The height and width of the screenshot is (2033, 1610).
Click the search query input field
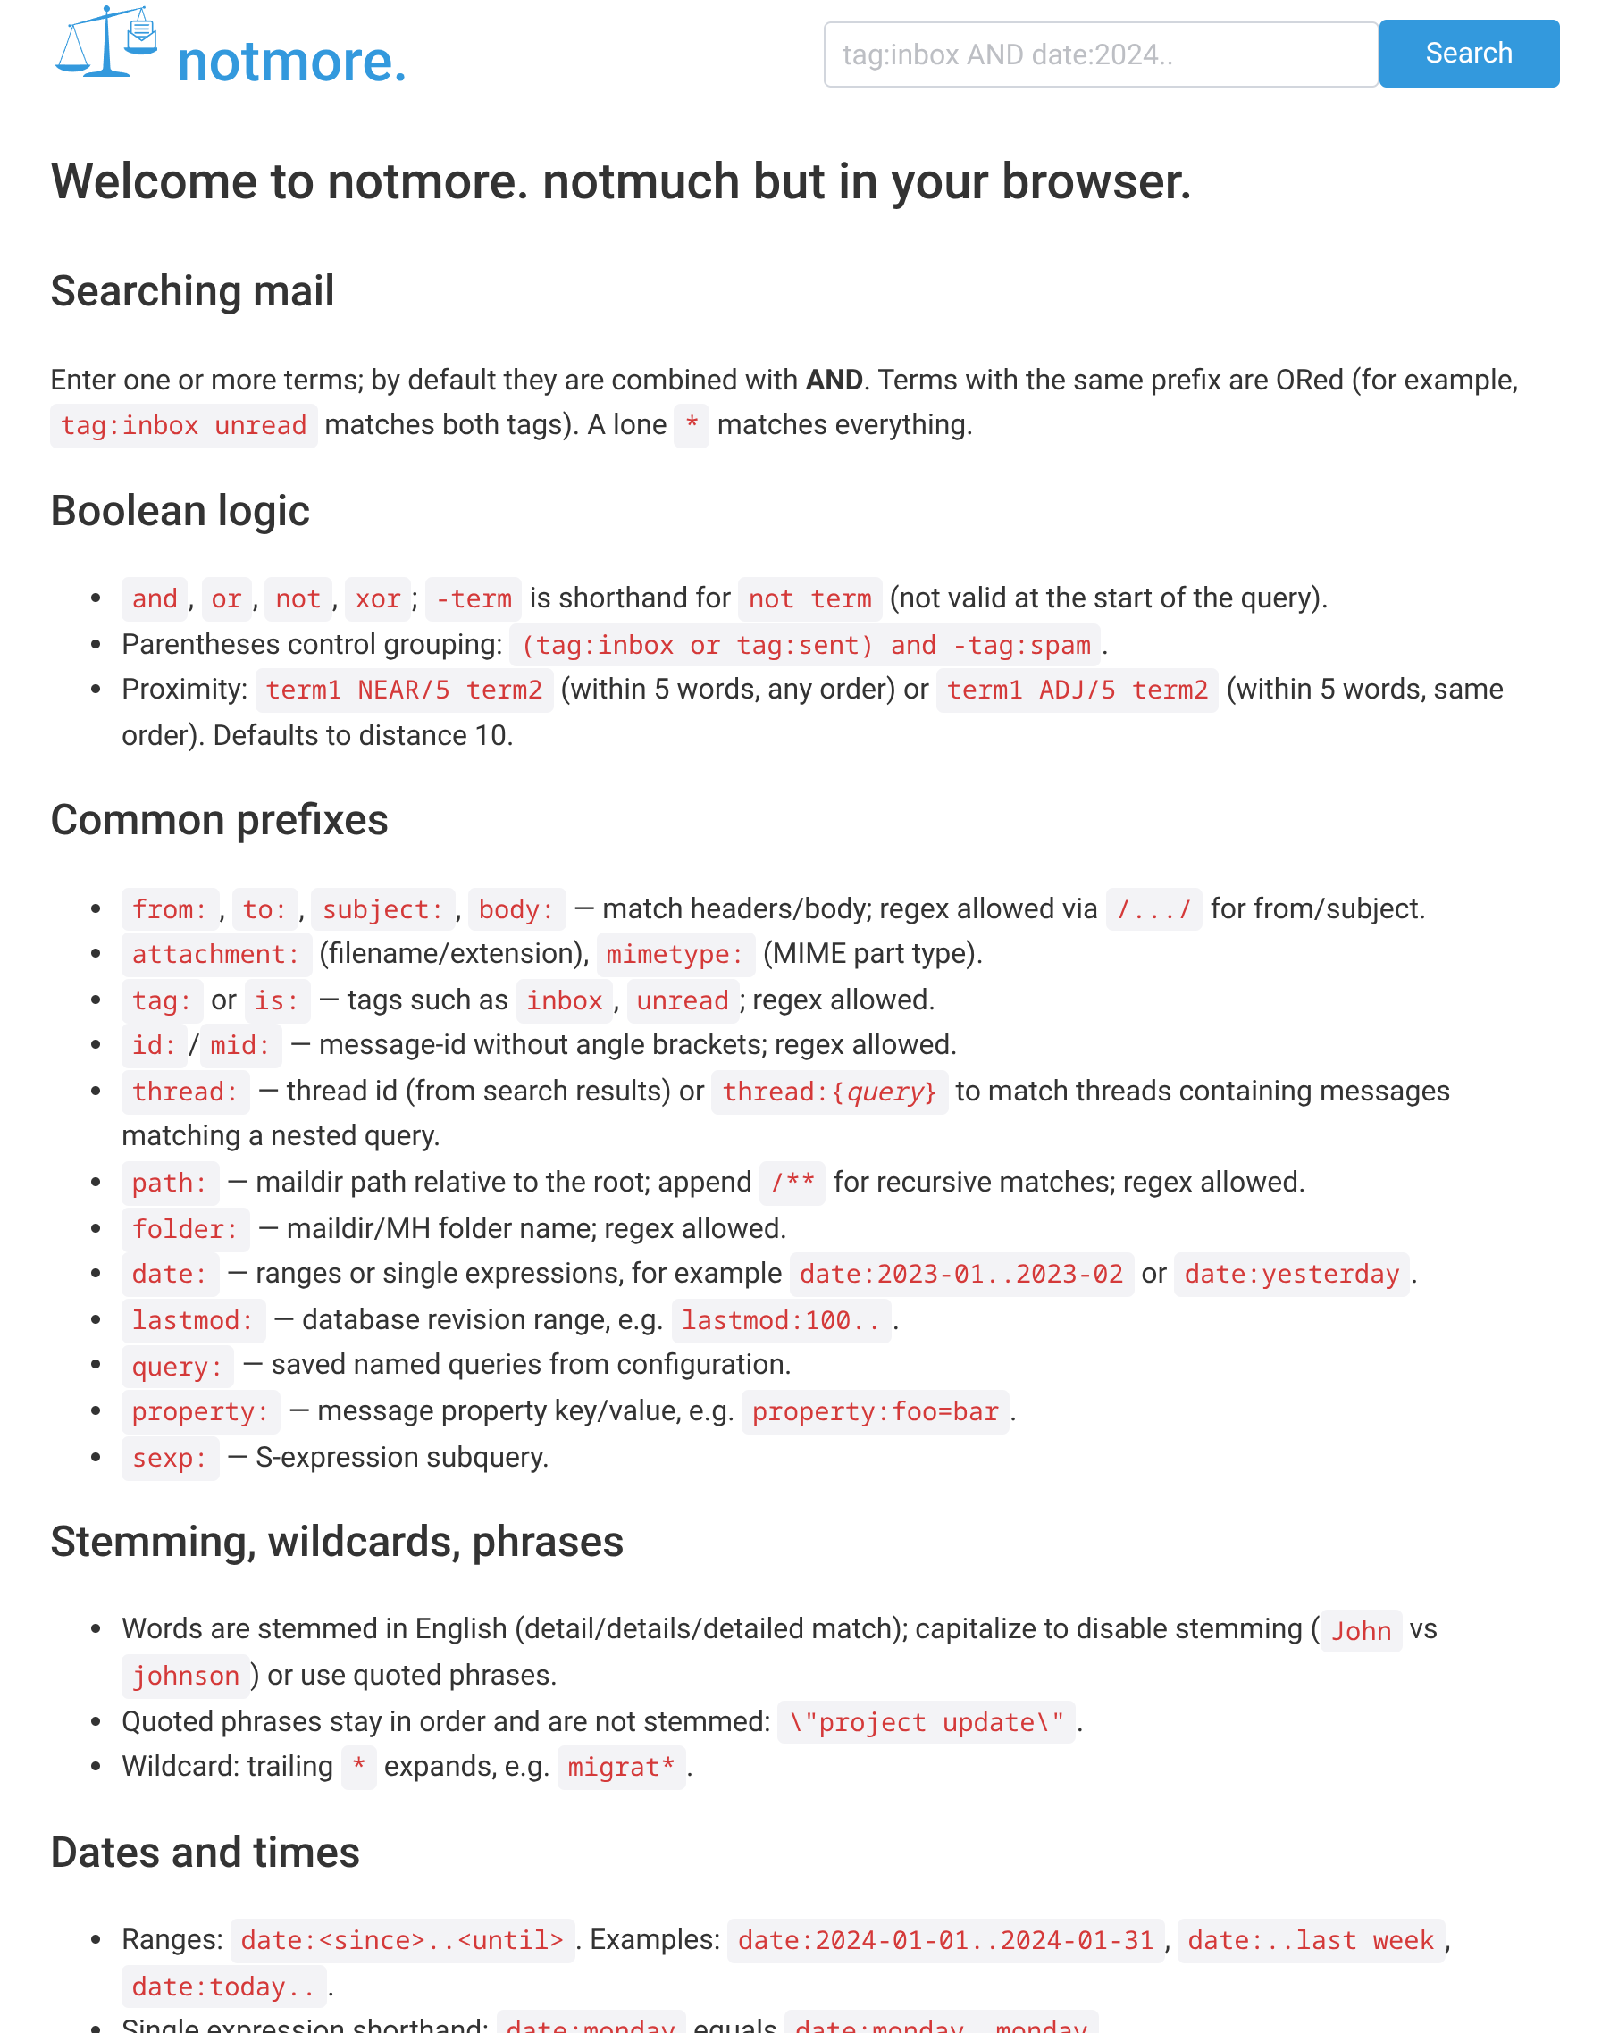1100,54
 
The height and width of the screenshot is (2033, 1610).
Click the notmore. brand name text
291,62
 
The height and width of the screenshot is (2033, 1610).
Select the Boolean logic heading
180,511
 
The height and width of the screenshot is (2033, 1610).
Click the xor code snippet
377,598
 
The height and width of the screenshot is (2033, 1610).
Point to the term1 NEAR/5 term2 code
404,690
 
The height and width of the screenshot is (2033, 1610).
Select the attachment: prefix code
216,954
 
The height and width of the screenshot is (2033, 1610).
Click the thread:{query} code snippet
828,1092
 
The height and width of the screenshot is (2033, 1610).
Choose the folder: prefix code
185,1229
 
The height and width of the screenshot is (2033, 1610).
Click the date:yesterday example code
1290,1275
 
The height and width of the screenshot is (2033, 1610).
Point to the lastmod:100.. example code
781,1320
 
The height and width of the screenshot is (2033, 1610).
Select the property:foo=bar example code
874,1412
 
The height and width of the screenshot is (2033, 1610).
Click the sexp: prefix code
170,1458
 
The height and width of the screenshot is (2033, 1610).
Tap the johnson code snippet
186,1676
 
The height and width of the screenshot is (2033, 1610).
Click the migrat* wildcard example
620,1767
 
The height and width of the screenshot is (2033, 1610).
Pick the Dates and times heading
205,1852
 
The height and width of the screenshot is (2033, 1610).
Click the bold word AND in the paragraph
834,380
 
